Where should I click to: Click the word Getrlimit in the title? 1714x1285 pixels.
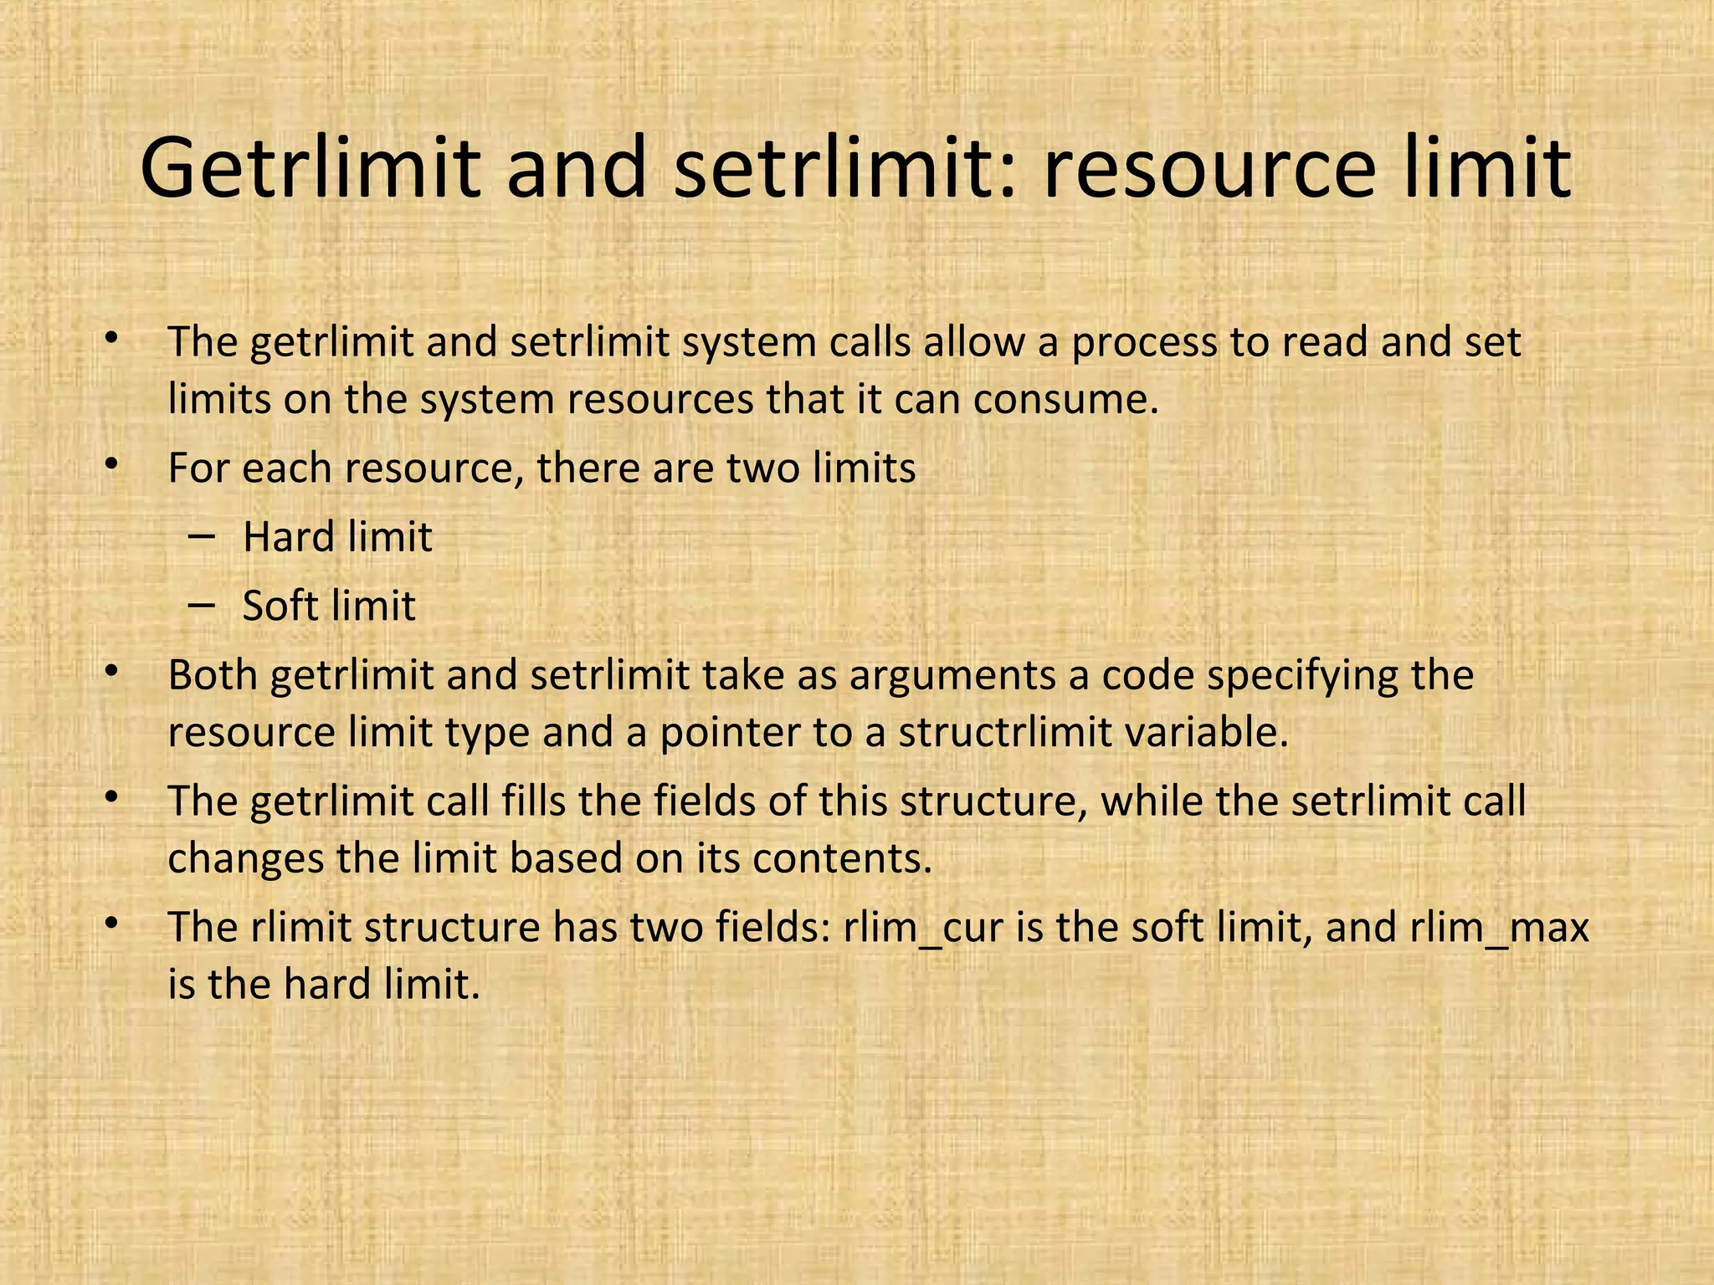click(310, 170)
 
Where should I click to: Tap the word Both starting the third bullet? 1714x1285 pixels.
click(213, 676)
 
